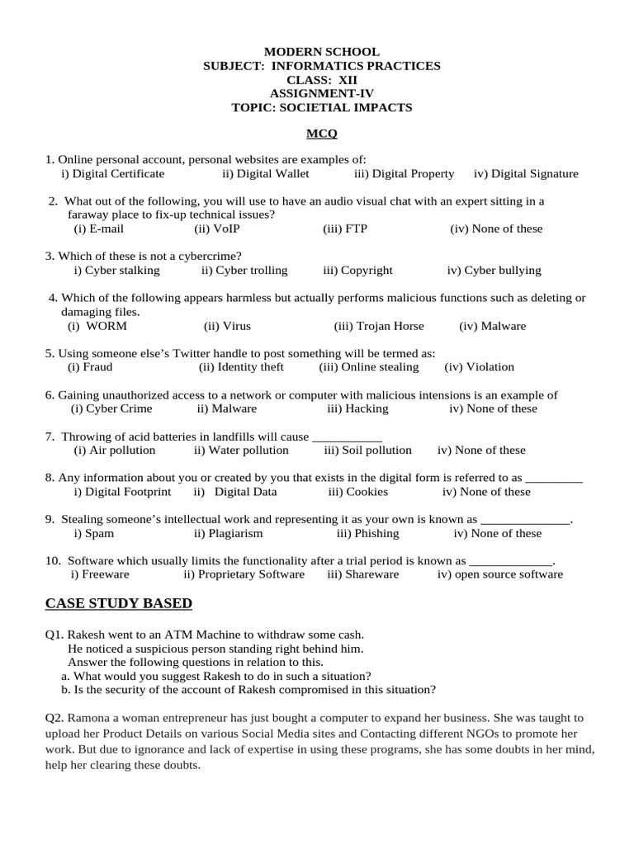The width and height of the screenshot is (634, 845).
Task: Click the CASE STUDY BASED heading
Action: [118, 604]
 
